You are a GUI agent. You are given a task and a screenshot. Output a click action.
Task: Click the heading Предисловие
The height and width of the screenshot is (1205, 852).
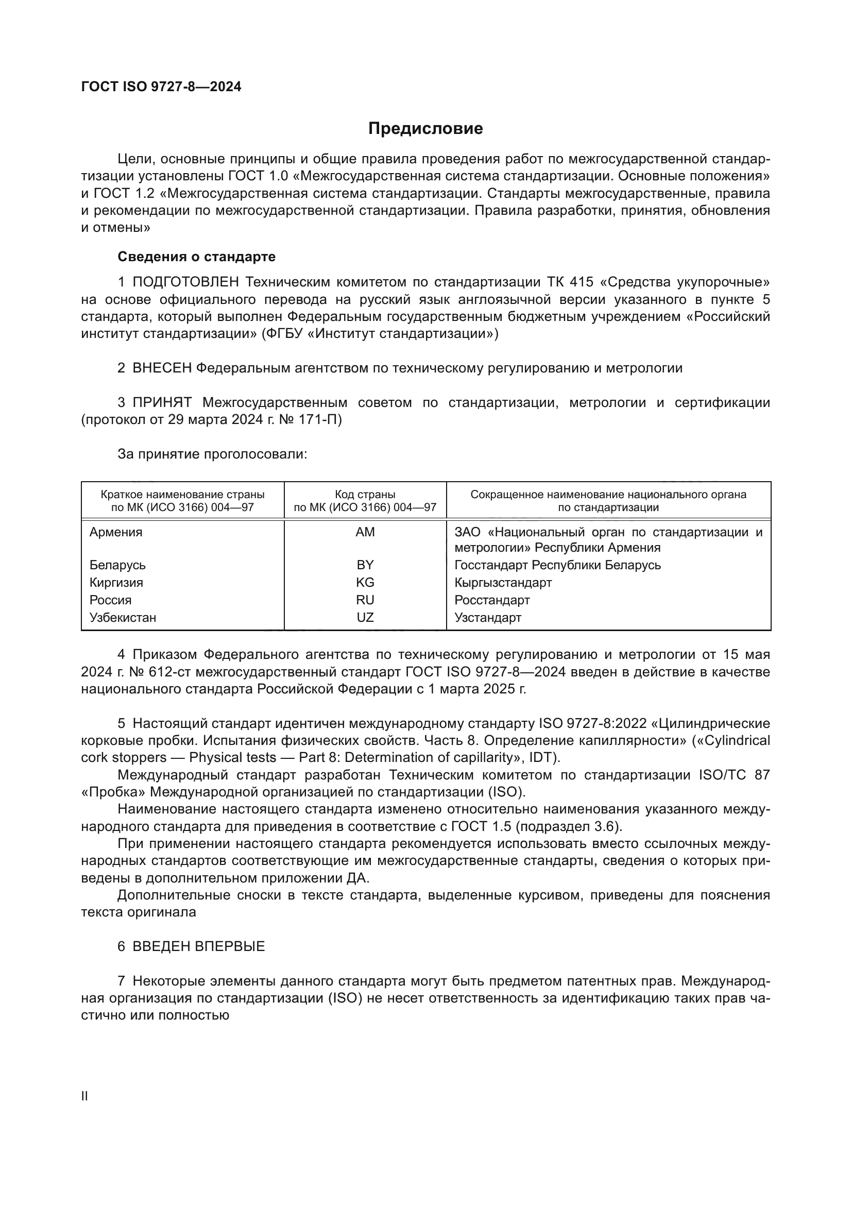(425, 129)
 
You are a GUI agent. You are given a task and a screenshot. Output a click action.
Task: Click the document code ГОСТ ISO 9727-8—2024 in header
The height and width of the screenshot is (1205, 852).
(161, 87)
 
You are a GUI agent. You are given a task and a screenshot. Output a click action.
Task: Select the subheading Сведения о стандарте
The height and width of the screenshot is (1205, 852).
(196, 257)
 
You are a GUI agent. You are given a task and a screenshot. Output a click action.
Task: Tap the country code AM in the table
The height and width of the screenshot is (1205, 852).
(365, 532)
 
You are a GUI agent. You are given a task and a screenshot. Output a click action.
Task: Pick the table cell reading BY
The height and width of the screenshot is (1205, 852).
(365, 565)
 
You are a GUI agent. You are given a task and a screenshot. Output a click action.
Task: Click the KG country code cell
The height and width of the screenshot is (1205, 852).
(365, 583)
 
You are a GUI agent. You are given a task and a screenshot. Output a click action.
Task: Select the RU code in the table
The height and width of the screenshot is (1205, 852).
(365, 600)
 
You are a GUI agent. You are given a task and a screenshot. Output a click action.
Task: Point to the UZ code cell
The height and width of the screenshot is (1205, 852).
(365, 617)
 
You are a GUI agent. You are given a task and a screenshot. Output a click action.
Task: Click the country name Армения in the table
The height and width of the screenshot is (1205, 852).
(116, 532)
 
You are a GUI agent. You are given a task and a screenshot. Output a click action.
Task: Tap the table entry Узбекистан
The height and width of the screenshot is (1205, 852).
(123, 617)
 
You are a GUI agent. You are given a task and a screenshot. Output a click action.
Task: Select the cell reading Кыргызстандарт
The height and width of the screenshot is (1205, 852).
(503, 583)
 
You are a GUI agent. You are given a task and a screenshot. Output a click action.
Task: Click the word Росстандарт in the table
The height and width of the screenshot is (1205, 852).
(491, 600)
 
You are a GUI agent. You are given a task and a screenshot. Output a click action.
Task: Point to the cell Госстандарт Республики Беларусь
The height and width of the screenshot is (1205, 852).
(557, 565)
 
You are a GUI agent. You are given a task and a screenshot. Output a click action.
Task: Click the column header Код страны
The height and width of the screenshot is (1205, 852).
(365, 495)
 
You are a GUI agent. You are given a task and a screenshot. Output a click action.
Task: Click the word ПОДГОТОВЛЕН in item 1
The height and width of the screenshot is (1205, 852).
(186, 282)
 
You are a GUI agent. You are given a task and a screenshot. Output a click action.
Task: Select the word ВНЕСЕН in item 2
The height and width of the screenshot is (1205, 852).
(162, 368)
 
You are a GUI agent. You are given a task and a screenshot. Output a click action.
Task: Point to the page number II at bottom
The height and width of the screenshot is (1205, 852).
(84, 1096)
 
